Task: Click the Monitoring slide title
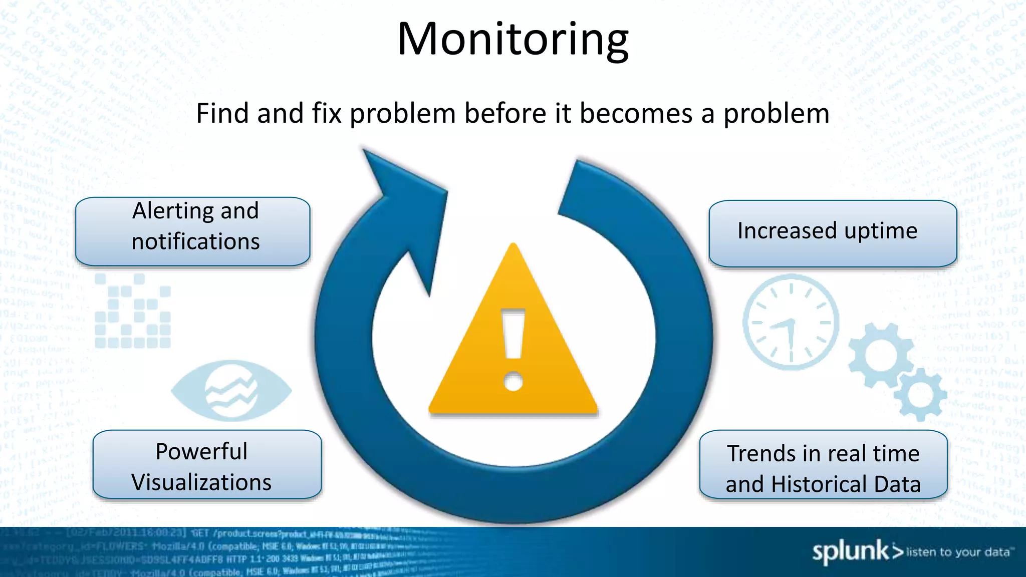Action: [x=512, y=40]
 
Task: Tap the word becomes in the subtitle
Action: [x=636, y=113]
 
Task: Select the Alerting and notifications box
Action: [x=193, y=231]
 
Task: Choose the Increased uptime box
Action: [x=832, y=233]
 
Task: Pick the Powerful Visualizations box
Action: [x=206, y=464]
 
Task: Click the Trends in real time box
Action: [x=823, y=464]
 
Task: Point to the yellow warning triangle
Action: [x=513, y=351]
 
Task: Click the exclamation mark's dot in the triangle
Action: [x=513, y=381]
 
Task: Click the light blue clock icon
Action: [x=791, y=322]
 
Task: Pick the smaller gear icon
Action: [x=919, y=395]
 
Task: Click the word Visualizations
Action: [x=201, y=482]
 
